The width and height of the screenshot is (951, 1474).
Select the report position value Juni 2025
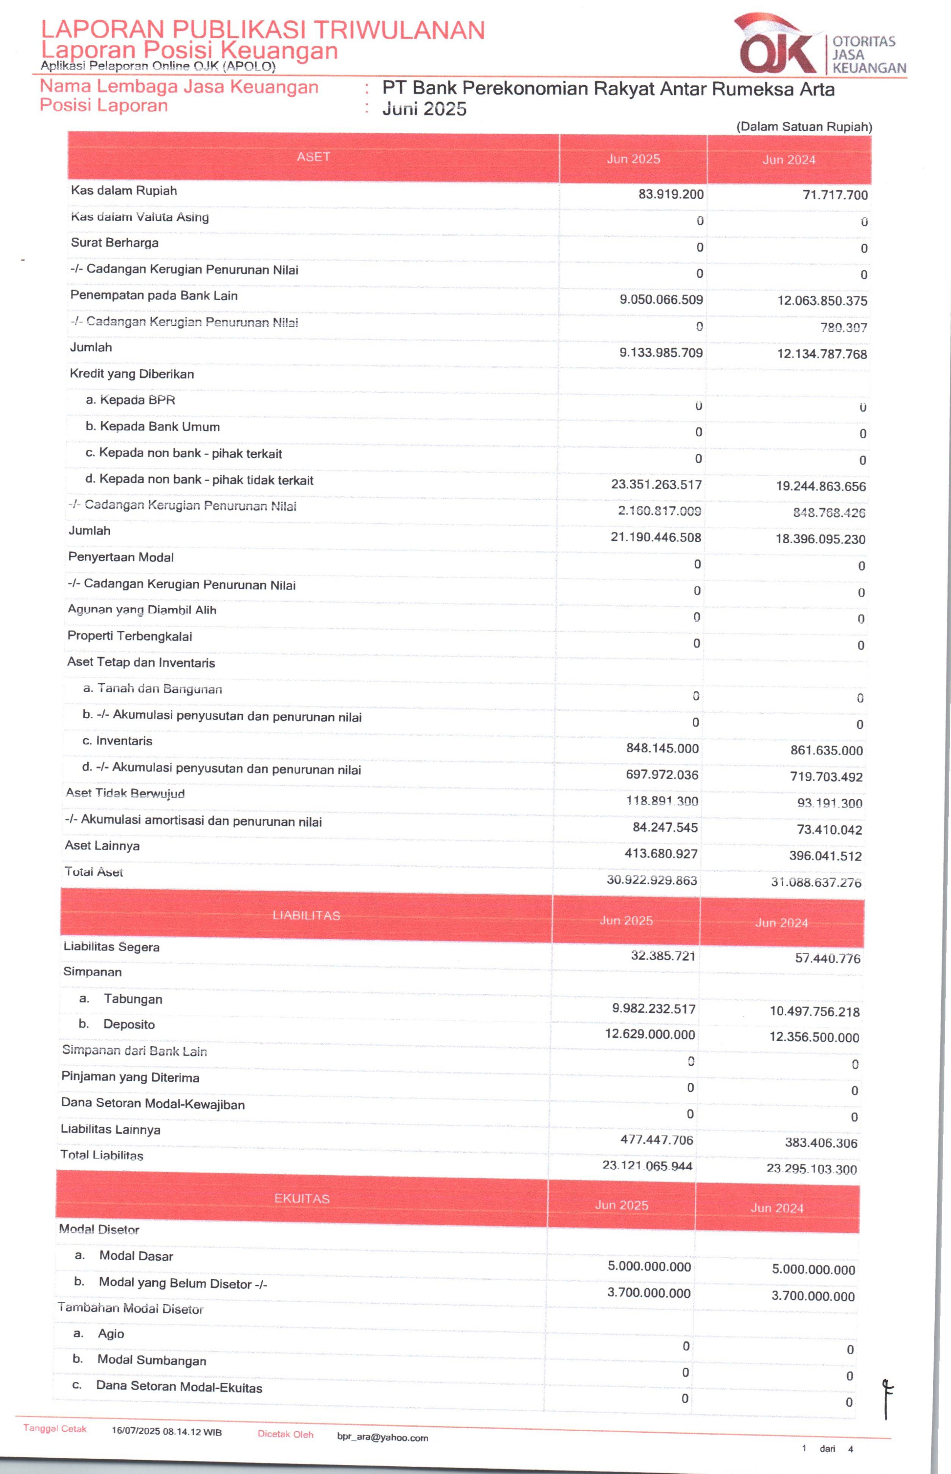[424, 109]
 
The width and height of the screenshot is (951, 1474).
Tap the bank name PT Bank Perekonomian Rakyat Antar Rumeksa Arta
[608, 89]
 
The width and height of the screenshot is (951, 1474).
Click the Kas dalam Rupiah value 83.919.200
[671, 194]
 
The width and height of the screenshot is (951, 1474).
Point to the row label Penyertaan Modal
[121, 557]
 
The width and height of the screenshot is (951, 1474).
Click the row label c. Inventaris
[117, 741]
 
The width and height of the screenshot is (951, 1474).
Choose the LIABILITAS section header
[306, 915]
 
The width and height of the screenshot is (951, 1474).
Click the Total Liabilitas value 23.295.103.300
[811, 1168]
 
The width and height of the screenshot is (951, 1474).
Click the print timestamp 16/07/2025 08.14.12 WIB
[167, 1431]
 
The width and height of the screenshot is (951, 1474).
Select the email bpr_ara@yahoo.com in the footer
[382, 1437]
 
